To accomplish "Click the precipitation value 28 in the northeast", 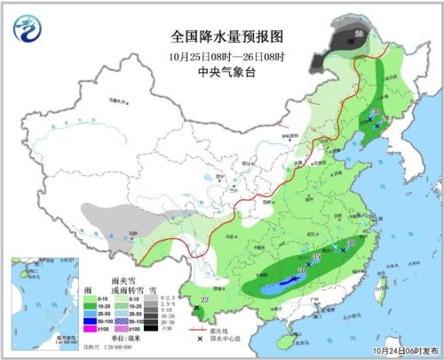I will point(385,117).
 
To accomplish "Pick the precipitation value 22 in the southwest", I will point(204,300).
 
